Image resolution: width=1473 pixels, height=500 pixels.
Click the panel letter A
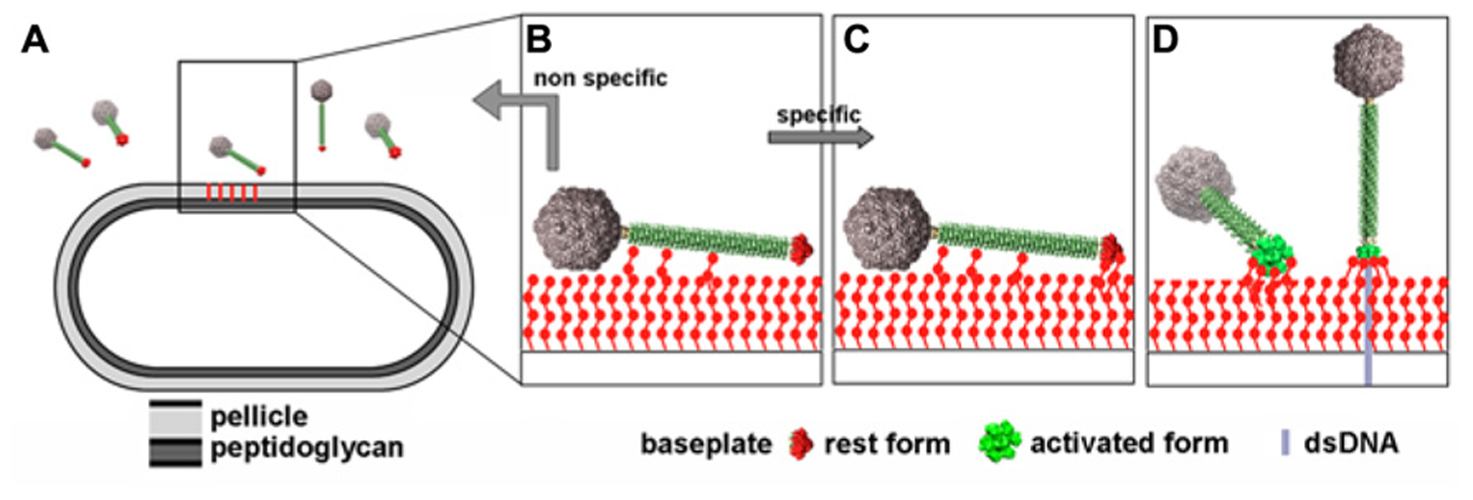pos(35,40)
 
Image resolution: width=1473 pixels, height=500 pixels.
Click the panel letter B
pos(539,40)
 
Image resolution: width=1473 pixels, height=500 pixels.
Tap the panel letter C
pos(856,40)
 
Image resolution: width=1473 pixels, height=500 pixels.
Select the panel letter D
pos(1165,40)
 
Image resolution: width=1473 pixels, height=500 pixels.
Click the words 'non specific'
pos(600,78)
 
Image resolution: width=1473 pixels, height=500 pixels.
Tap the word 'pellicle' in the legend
pos(259,417)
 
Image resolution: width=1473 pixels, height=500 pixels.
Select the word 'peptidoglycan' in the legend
pos(306,448)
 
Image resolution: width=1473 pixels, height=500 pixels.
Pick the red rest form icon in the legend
pos(801,444)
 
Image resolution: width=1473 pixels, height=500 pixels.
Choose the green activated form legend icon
pos(999,443)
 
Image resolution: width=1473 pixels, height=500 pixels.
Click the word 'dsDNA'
pos(1351,443)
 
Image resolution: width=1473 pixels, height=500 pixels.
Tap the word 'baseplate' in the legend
pos(706,444)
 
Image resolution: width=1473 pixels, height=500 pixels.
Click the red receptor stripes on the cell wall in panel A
pos(231,192)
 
